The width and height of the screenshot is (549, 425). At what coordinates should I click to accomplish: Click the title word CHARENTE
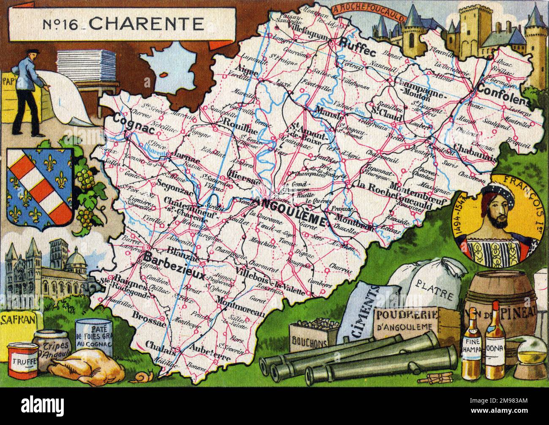[x=147, y=24]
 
